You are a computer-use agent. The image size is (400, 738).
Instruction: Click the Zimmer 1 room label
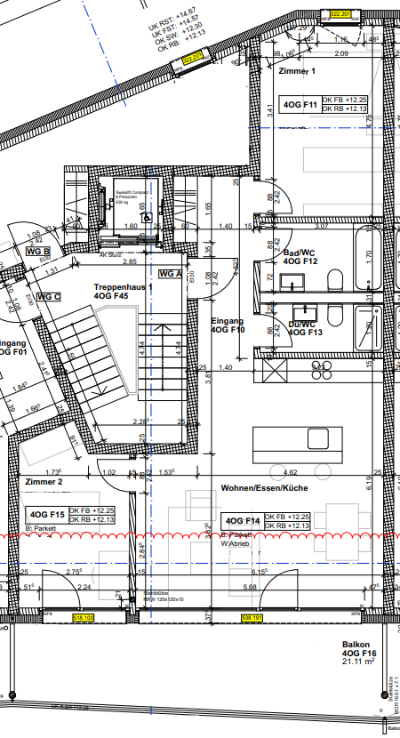point(297,70)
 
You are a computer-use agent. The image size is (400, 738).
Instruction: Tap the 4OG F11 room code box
point(300,104)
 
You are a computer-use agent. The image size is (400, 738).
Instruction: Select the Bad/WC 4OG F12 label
point(300,258)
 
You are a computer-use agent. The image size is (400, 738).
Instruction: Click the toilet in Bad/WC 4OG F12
point(336,282)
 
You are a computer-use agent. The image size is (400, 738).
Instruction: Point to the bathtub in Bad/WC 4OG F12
point(367,259)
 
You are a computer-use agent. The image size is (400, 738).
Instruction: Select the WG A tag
point(170,274)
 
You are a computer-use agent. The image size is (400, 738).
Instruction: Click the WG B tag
point(36,252)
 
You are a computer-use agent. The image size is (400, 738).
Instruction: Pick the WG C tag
point(50,296)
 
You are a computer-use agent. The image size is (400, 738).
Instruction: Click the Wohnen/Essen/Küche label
point(258,489)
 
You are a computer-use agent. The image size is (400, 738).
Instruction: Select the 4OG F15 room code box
point(47,514)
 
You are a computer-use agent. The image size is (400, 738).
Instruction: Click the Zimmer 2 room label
point(44,481)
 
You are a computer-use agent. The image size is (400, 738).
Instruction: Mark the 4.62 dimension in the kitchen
point(289,472)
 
